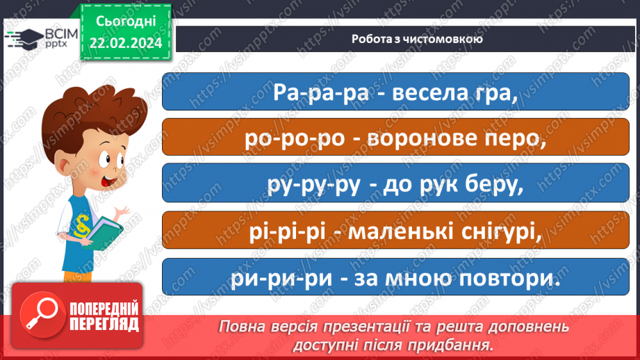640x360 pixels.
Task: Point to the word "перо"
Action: point(515,138)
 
